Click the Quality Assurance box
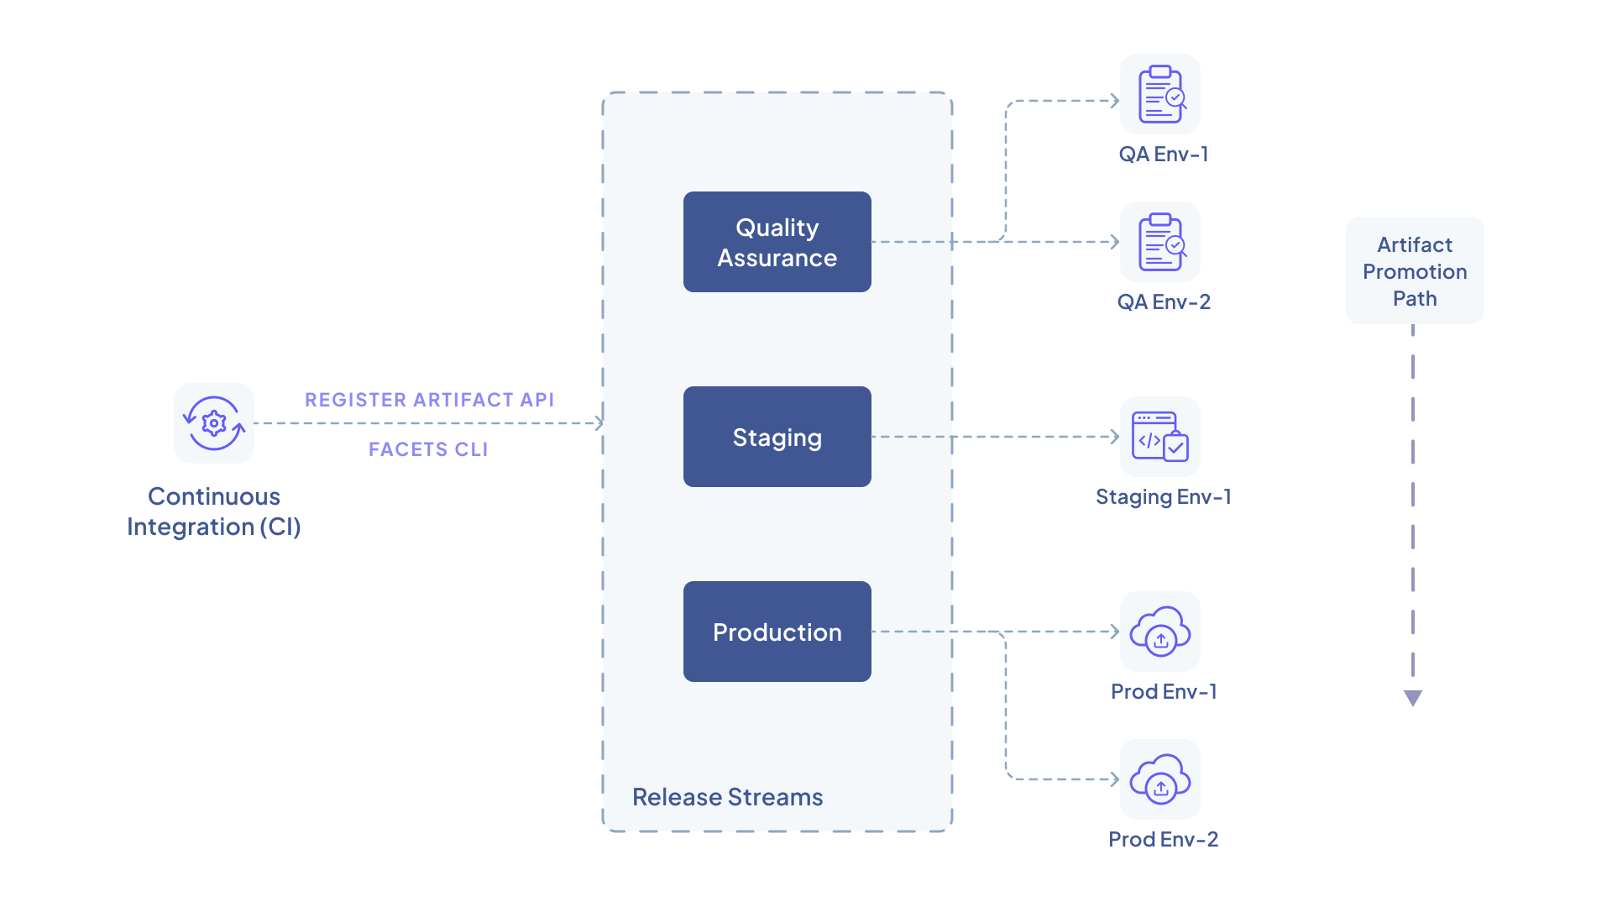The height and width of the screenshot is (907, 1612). [x=777, y=242]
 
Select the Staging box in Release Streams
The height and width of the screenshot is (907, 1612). [x=777, y=437]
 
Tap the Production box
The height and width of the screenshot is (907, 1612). [x=777, y=632]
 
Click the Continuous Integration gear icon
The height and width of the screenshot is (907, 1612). [x=214, y=423]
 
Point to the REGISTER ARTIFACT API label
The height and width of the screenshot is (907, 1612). [x=429, y=400]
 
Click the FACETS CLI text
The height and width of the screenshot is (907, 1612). [x=428, y=449]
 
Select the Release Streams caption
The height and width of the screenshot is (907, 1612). [x=727, y=797]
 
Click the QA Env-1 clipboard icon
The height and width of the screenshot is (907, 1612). [x=1160, y=94]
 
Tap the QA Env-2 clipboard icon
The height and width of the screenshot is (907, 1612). [x=1160, y=242]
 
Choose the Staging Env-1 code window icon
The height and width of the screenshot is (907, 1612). [x=1160, y=437]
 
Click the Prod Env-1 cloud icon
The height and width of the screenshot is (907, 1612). [x=1160, y=632]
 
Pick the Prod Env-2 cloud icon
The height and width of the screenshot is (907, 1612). [x=1160, y=779]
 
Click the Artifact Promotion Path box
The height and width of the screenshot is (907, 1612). [x=1415, y=270]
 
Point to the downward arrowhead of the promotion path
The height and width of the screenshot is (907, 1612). [x=1413, y=698]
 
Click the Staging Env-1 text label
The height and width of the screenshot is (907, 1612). [x=1163, y=497]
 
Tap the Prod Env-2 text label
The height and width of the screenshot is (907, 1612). [x=1163, y=839]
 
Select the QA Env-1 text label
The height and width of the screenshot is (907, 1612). [x=1163, y=155]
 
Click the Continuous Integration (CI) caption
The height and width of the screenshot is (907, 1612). [x=214, y=511]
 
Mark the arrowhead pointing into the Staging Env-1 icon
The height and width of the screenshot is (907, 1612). [x=1115, y=437]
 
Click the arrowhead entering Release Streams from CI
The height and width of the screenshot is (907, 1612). [x=599, y=423]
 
